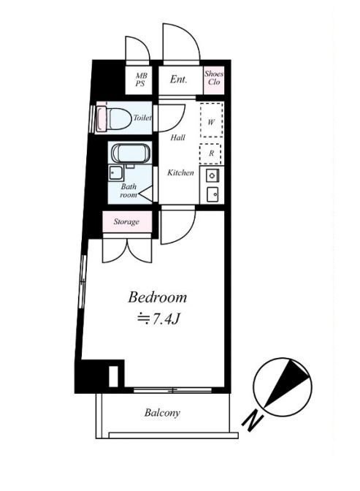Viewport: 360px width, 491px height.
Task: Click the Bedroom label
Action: pyautogui.click(x=157, y=297)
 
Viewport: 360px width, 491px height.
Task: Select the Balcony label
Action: pyautogui.click(x=162, y=413)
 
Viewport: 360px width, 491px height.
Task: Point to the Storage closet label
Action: pyautogui.click(x=126, y=221)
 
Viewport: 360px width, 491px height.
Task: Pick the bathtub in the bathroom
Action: pyautogui.click(x=131, y=153)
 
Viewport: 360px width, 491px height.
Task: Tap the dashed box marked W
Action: pyautogui.click(x=212, y=120)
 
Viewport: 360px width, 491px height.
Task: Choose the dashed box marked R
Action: pyautogui.click(x=211, y=153)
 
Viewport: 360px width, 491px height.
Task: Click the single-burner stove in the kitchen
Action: pyautogui.click(x=212, y=176)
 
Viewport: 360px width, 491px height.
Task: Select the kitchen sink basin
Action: pyautogui.click(x=212, y=194)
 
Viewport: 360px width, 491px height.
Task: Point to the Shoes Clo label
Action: pyautogui.click(x=214, y=78)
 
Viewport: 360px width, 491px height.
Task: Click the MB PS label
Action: pyautogui.click(x=140, y=80)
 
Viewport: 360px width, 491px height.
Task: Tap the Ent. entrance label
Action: pyautogui.click(x=178, y=79)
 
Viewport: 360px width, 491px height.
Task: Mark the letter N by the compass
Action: pyautogui.click(x=253, y=422)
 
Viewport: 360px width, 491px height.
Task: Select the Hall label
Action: pyautogui.click(x=177, y=137)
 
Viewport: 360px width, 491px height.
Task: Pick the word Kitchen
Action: pyautogui.click(x=180, y=172)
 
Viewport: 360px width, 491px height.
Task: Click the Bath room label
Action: pyautogui.click(x=129, y=191)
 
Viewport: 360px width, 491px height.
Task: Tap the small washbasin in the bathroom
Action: pyautogui.click(x=115, y=173)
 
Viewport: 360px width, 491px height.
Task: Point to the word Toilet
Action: pyautogui.click(x=142, y=118)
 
